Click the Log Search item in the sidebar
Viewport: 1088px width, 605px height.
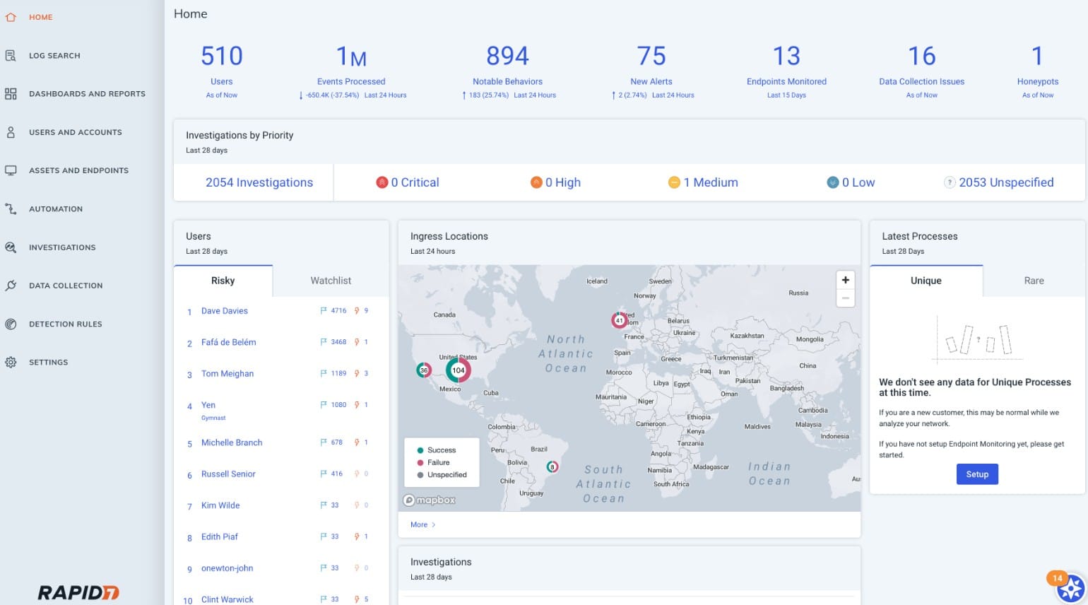pyautogui.click(x=54, y=56)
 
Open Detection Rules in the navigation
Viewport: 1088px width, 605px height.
pyautogui.click(x=65, y=324)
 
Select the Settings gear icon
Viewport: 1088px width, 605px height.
pyautogui.click(x=11, y=363)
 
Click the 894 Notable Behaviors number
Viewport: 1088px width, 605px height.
pyautogui.click(x=507, y=57)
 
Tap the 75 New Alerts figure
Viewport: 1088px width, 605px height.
pyautogui.click(x=651, y=57)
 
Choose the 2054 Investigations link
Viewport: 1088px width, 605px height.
pyautogui.click(x=259, y=182)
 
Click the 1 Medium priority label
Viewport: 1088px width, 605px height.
pyautogui.click(x=710, y=182)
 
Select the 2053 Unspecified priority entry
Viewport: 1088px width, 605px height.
pyautogui.click(x=1005, y=182)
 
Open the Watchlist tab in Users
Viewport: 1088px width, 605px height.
pyautogui.click(x=331, y=281)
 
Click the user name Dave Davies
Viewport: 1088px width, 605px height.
pyautogui.click(x=225, y=311)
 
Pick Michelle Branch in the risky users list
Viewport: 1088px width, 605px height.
pyautogui.click(x=232, y=443)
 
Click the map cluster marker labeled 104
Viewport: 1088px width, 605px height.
pyautogui.click(x=459, y=370)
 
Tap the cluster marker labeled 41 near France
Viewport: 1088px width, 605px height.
pyautogui.click(x=620, y=320)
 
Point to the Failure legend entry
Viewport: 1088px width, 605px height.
pyautogui.click(x=438, y=462)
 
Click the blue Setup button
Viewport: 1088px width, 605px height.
pyautogui.click(x=977, y=474)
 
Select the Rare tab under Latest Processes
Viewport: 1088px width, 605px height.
pyautogui.click(x=1034, y=281)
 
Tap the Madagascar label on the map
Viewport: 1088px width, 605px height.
pyautogui.click(x=711, y=467)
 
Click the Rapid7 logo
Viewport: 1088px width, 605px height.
pyautogui.click(x=78, y=592)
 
